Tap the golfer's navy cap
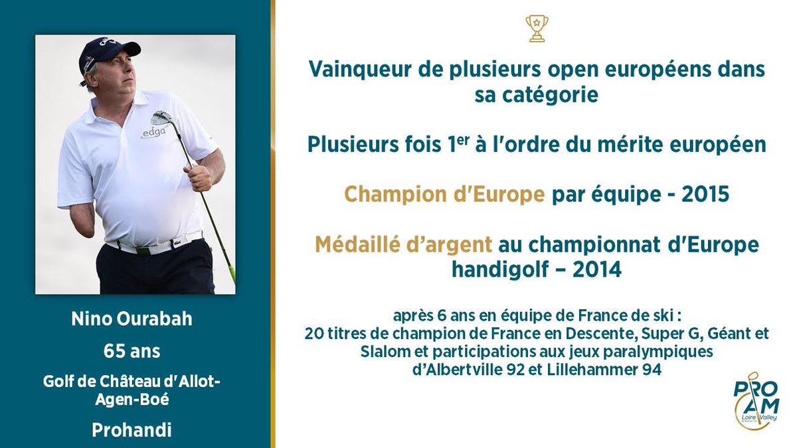109,52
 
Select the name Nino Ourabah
132,319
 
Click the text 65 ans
132,350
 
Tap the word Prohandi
132,429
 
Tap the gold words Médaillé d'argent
404,245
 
